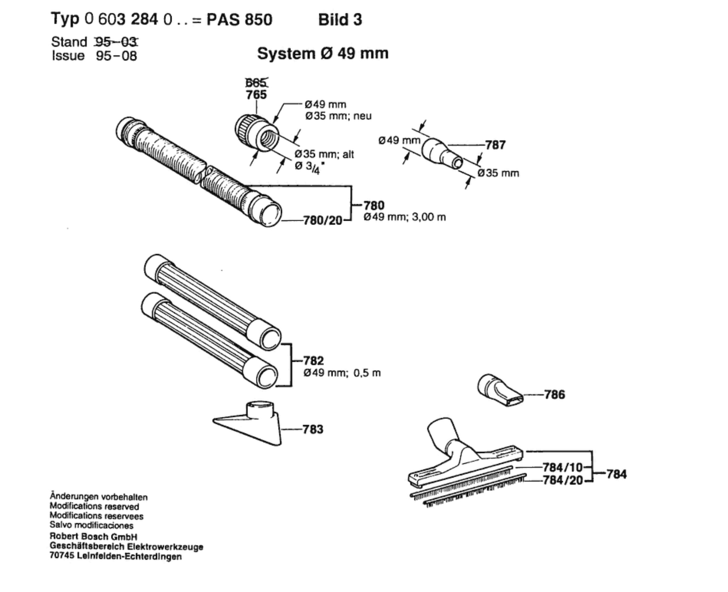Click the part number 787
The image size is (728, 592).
click(495, 145)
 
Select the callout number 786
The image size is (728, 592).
click(555, 395)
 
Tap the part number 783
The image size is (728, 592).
click(313, 429)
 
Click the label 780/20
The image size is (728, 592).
click(323, 220)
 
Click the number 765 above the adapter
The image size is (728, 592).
click(256, 95)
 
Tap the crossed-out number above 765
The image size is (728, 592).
click(256, 82)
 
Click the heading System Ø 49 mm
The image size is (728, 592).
click(323, 53)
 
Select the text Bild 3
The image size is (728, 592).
click(340, 20)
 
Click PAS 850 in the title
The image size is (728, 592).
click(239, 20)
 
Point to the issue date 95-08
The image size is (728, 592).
click(116, 56)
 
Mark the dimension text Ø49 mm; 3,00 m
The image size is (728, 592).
click(405, 217)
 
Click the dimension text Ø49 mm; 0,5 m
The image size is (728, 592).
click(342, 373)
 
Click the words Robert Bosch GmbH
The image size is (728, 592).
click(93, 536)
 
